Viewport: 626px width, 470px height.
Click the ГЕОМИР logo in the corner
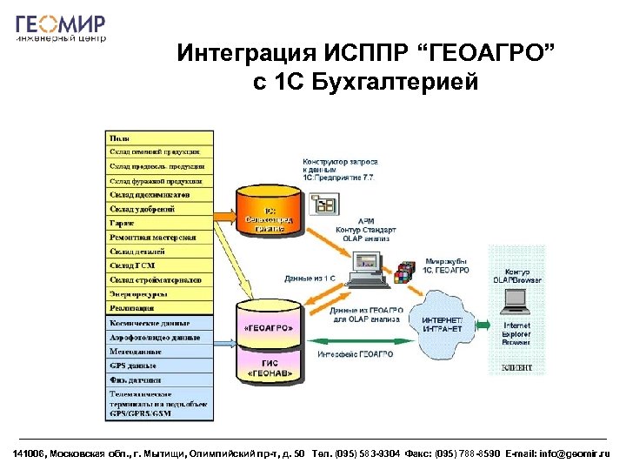pyautogui.click(x=61, y=26)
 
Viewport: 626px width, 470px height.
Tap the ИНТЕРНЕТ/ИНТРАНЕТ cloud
pyautogui.click(x=447, y=324)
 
